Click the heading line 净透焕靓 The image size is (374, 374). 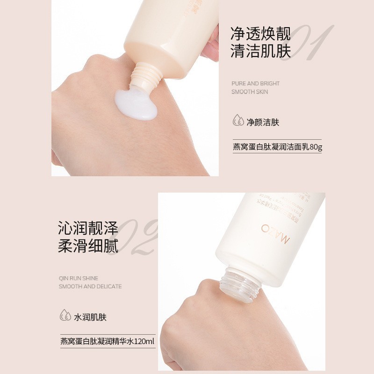(x=260, y=34)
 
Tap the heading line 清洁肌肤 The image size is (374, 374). (x=260, y=51)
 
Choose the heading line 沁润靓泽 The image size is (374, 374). (x=88, y=229)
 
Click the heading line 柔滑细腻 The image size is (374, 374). (x=88, y=246)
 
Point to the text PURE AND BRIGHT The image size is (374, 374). (x=255, y=84)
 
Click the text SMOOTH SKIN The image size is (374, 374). (x=250, y=92)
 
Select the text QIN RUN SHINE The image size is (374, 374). (x=79, y=278)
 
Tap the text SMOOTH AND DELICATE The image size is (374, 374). (x=90, y=287)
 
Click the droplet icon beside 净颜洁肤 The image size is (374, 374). (x=238, y=122)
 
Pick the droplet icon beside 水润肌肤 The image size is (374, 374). (x=65, y=317)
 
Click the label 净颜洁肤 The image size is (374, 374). (x=263, y=123)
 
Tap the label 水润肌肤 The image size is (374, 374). (x=90, y=317)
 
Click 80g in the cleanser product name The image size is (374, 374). (x=316, y=147)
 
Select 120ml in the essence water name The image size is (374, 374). (x=144, y=341)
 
